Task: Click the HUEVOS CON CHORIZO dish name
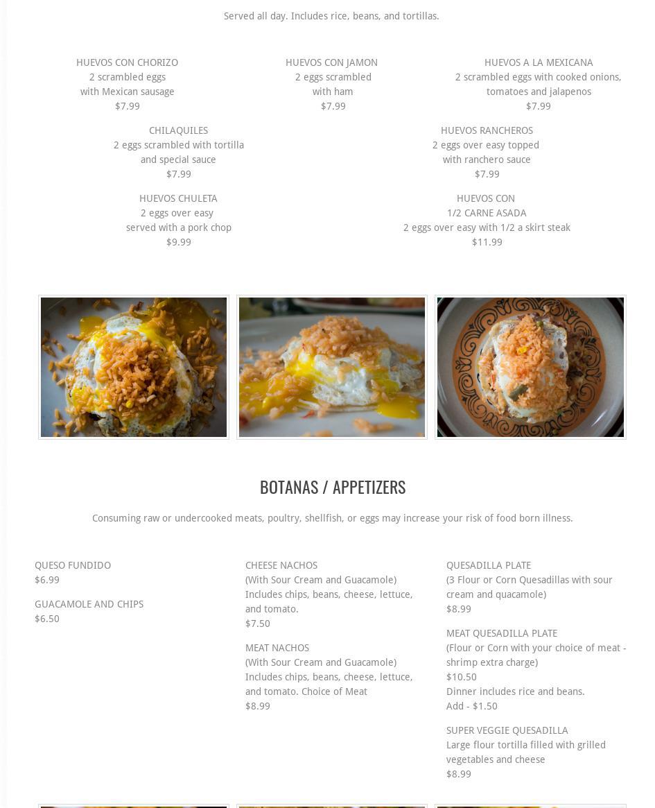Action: (x=127, y=62)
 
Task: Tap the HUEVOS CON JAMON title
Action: (x=331, y=62)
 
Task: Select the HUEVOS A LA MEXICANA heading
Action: (x=539, y=62)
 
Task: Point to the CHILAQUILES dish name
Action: (x=178, y=130)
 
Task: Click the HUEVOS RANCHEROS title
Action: (x=487, y=130)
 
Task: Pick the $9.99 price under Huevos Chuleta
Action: (x=178, y=242)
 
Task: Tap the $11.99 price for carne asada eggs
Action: (x=487, y=242)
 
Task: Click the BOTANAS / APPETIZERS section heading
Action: (x=333, y=487)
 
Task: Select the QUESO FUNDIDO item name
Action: (x=73, y=565)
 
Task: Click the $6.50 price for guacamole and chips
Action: (x=47, y=619)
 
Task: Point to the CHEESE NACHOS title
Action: (x=281, y=565)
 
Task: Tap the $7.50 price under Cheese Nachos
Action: (x=258, y=624)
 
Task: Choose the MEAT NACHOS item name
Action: (x=277, y=648)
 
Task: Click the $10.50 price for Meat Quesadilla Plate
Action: (x=462, y=677)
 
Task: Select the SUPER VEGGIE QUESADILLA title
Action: (x=507, y=730)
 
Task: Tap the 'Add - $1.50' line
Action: (x=472, y=706)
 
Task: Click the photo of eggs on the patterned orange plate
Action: (x=530, y=367)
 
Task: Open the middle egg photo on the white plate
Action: (x=332, y=367)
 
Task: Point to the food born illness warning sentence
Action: (x=333, y=518)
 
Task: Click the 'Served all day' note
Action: (x=331, y=16)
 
